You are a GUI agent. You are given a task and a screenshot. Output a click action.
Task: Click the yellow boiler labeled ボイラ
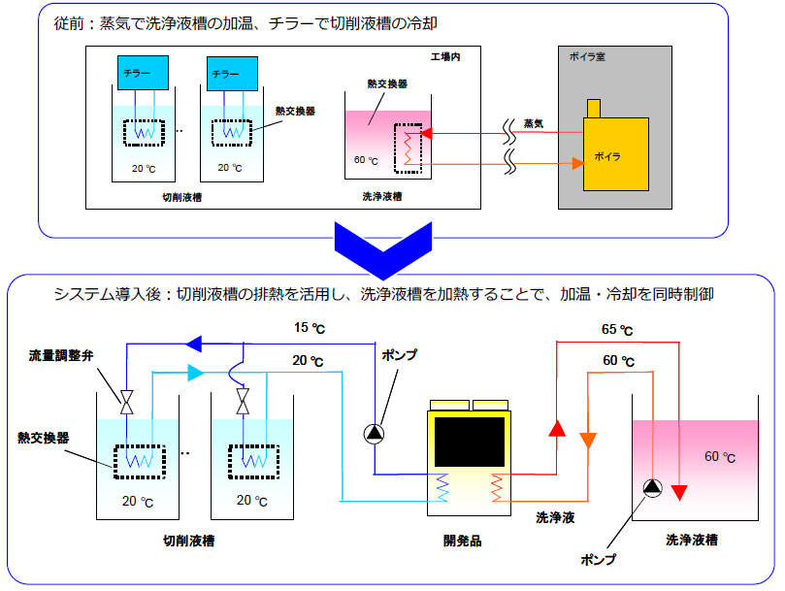[x=615, y=151]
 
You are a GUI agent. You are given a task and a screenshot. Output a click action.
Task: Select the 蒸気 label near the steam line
[x=533, y=122]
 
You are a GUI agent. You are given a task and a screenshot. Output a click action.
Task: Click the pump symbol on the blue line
[x=375, y=433]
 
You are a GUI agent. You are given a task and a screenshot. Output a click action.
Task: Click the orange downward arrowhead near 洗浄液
[x=587, y=440]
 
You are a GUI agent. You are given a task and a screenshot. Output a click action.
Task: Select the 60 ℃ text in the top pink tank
[x=366, y=161]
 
